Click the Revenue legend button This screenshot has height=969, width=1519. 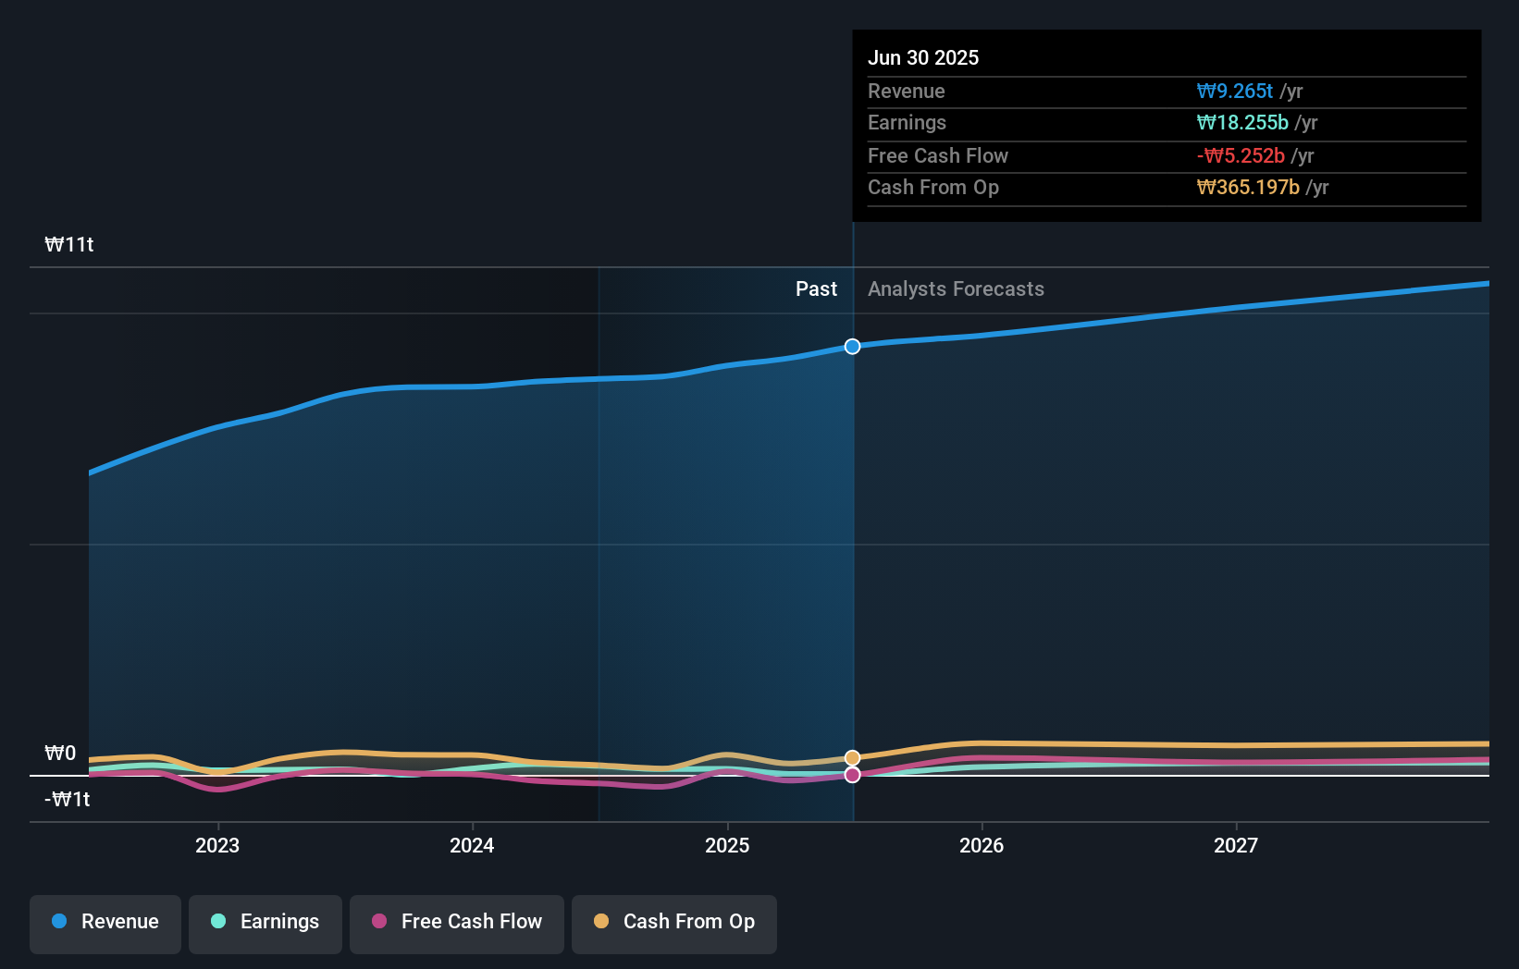(x=105, y=922)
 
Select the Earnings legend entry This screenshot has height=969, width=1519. (x=266, y=922)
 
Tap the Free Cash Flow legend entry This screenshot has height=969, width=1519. (x=457, y=922)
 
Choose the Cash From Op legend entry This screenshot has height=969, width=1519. (x=674, y=922)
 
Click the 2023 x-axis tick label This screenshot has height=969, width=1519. (x=217, y=846)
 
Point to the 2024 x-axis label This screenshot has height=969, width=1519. (x=472, y=846)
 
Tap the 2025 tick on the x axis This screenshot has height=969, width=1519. (x=727, y=846)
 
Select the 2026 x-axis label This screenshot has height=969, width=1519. (x=982, y=846)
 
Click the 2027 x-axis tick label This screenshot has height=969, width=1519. (x=1236, y=846)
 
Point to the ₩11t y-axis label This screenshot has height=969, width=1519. (x=69, y=245)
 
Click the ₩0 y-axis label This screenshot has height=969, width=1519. (x=60, y=754)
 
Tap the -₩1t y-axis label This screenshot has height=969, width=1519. (x=68, y=800)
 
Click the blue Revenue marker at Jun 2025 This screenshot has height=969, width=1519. (x=852, y=347)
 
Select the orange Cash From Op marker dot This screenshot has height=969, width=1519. (x=852, y=758)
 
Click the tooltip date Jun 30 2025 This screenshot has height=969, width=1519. (x=923, y=58)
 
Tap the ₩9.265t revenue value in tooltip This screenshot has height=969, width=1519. (x=1235, y=92)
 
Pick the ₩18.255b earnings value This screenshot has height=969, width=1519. (x=1242, y=123)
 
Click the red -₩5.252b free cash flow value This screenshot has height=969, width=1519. (x=1241, y=156)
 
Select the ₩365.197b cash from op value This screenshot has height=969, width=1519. (x=1248, y=188)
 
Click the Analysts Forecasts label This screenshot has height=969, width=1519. (x=956, y=289)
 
